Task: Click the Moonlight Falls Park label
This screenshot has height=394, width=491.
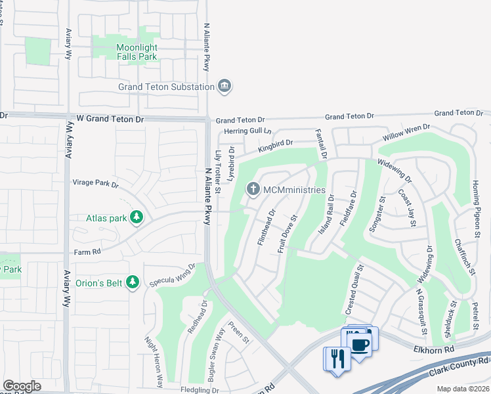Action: point(137,52)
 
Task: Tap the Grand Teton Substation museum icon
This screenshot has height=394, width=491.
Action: point(225,87)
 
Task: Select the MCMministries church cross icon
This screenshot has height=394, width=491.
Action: point(253,190)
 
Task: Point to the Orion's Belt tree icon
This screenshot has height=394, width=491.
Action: point(133,282)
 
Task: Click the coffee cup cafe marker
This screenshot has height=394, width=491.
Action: point(358,344)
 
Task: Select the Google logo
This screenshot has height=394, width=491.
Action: point(22,386)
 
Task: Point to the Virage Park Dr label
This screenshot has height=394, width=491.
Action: point(95,185)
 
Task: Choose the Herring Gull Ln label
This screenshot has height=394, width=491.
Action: point(247,131)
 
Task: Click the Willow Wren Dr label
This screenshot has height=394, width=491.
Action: point(407,133)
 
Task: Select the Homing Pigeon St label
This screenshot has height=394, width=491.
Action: point(477,209)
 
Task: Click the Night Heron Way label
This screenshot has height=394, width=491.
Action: point(153,361)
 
